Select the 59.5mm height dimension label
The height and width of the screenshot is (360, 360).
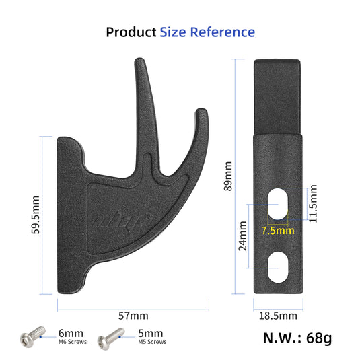click(x=35, y=215)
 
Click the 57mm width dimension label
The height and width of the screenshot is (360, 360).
click(x=133, y=315)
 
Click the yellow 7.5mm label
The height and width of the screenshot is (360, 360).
click(x=277, y=230)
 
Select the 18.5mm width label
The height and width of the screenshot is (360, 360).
click(x=278, y=315)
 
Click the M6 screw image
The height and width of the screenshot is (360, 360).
click(x=32, y=336)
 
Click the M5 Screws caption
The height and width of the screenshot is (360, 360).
click(x=152, y=342)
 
